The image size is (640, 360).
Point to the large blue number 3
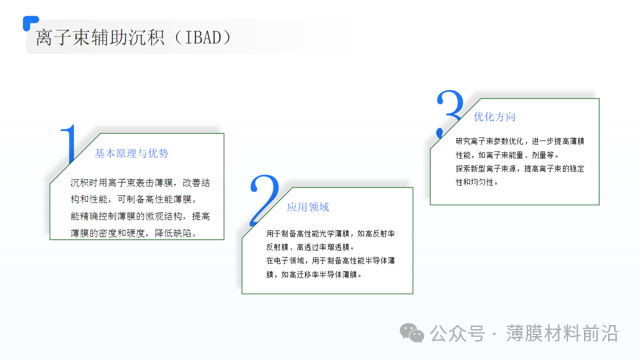450,113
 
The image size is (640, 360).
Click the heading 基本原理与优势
131,153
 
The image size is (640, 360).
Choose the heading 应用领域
307,207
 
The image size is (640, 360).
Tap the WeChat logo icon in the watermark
412,331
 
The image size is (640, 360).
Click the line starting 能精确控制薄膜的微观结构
139,216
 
